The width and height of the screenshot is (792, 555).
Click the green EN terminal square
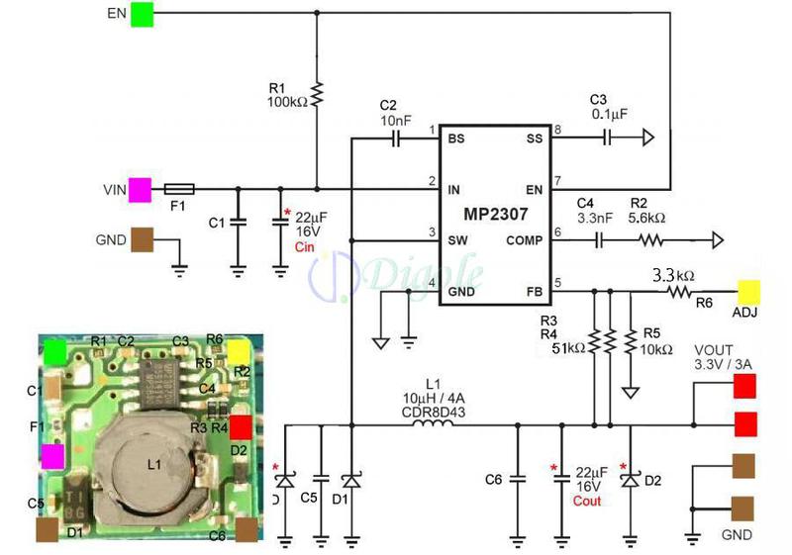pyautogui.click(x=142, y=15)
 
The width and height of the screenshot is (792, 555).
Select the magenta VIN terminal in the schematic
pyautogui.click(x=140, y=188)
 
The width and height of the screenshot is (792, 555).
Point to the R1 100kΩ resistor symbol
pyautogui.click(x=317, y=95)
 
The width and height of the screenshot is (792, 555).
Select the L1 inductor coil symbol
pyautogui.click(x=432, y=425)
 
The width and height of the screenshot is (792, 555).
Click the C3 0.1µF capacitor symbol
pyautogui.click(x=609, y=139)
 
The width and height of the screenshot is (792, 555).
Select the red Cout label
pyautogui.click(x=587, y=501)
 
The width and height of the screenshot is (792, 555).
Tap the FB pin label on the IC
pyautogui.click(x=534, y=291)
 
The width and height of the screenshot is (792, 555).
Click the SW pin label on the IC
pyautogui.click(x=457, y=238)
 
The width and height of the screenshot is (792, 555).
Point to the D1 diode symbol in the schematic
pyautogui.click(x=351, y=480)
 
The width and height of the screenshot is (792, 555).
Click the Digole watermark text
pyautogui.click(x=416, y=272)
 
